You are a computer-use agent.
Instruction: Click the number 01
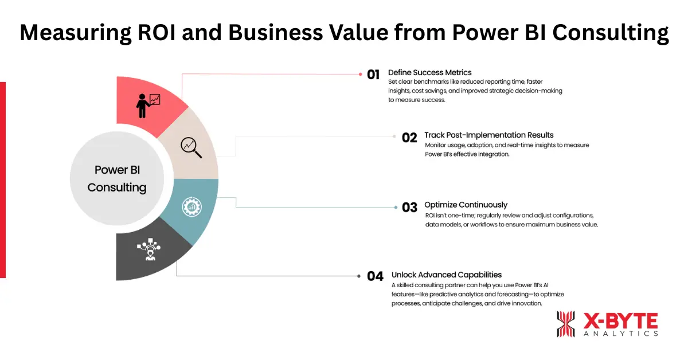(374, 74)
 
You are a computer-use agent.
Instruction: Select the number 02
(409, 138)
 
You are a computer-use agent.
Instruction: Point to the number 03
(409, 207)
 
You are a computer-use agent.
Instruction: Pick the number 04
(375, 276)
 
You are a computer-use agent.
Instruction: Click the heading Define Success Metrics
(429, 72)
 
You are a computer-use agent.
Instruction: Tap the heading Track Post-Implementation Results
(488, 135)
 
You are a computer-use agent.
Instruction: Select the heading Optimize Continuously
(466, 205)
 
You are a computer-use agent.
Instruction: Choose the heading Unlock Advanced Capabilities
(447, 275)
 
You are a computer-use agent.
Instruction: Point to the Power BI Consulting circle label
(117, 179)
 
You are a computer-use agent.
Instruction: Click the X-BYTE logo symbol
(565, 324)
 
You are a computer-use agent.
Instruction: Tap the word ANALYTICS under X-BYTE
(620, 334)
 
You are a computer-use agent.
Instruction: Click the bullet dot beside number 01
(361, 74)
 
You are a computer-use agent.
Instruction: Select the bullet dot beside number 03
(395, 207)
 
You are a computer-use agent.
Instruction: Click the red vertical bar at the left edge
(3, 179)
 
